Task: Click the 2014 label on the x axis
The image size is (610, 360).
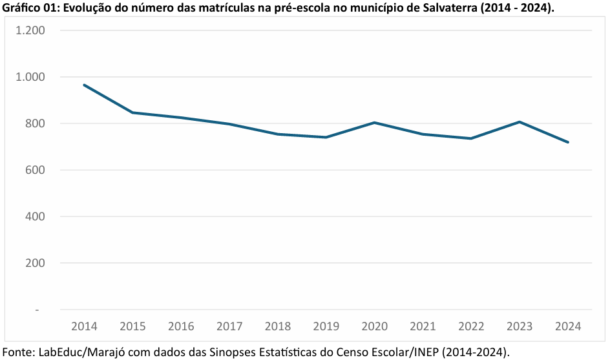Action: tap(84, 326)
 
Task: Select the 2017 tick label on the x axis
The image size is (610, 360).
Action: tap(229, 326)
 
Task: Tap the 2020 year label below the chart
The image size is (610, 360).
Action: tap(374, 326)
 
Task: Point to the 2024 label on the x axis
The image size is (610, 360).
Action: tap(568, 326)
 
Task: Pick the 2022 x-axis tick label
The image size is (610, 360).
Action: tap(471, 326)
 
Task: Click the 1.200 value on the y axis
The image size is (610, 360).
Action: tap(30, 30)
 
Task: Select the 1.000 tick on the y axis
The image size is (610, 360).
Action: tap(30, 77)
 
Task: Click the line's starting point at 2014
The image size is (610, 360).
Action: tap(84, 85)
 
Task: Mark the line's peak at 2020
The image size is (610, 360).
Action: tap(374, 122)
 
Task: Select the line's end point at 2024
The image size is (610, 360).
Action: tap(568, 142)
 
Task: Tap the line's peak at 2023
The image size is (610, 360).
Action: tap(520, 122)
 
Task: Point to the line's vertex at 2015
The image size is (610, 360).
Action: tap(132, 112)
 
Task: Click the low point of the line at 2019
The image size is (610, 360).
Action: tap(326, 137)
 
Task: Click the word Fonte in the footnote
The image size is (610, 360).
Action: tap(18, 352)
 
